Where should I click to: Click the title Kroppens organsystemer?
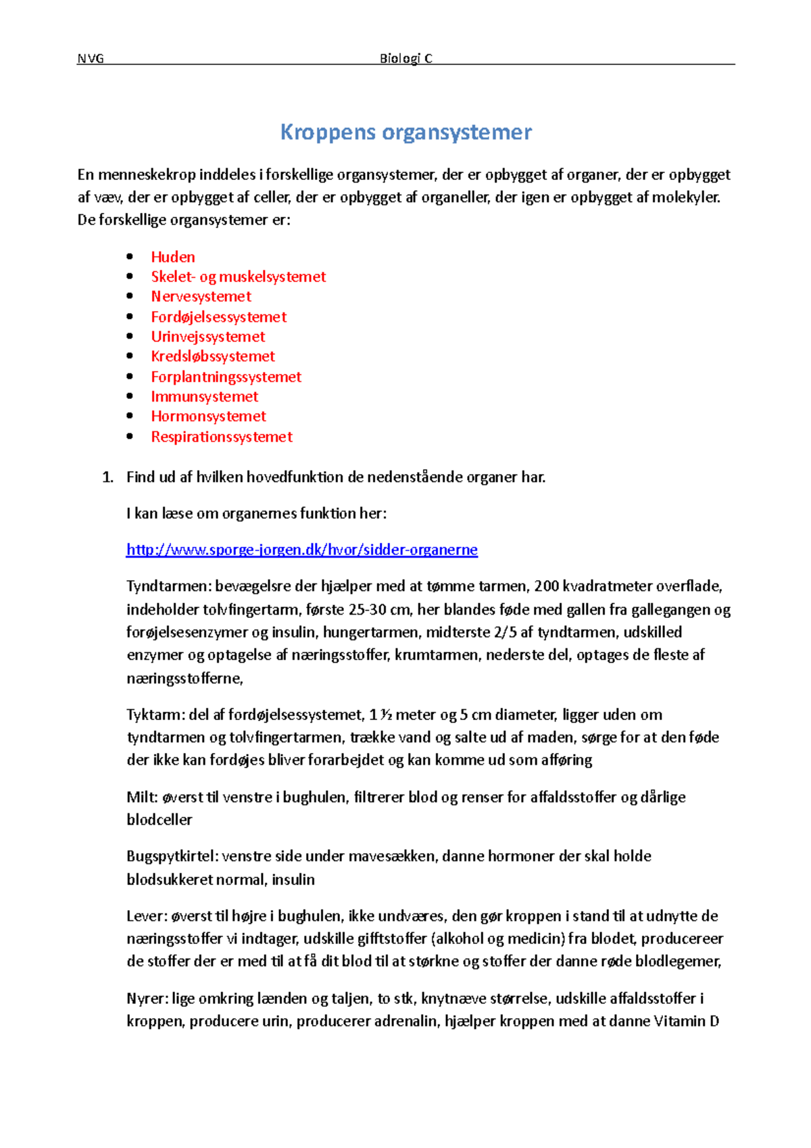pos(405,132)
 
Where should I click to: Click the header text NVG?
pos(91,59)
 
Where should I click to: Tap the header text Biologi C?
pos(405,59)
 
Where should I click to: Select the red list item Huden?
pos(173,257)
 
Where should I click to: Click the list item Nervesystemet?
pos(201,297)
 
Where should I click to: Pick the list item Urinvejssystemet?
pos(207,337)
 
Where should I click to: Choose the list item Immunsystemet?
pos(204,397)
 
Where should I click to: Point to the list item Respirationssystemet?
pos(222,437)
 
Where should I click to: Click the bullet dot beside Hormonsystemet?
pos(130,416)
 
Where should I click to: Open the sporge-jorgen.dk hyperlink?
pos(301,550)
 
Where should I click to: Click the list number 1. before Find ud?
pos(107,477)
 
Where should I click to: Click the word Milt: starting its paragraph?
pos(142,797)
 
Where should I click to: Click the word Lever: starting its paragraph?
pos(147,916)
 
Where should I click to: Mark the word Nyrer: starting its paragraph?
pos(147,999)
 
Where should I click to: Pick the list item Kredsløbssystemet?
pos(213,357)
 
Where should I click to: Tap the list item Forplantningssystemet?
pos(226,377)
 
